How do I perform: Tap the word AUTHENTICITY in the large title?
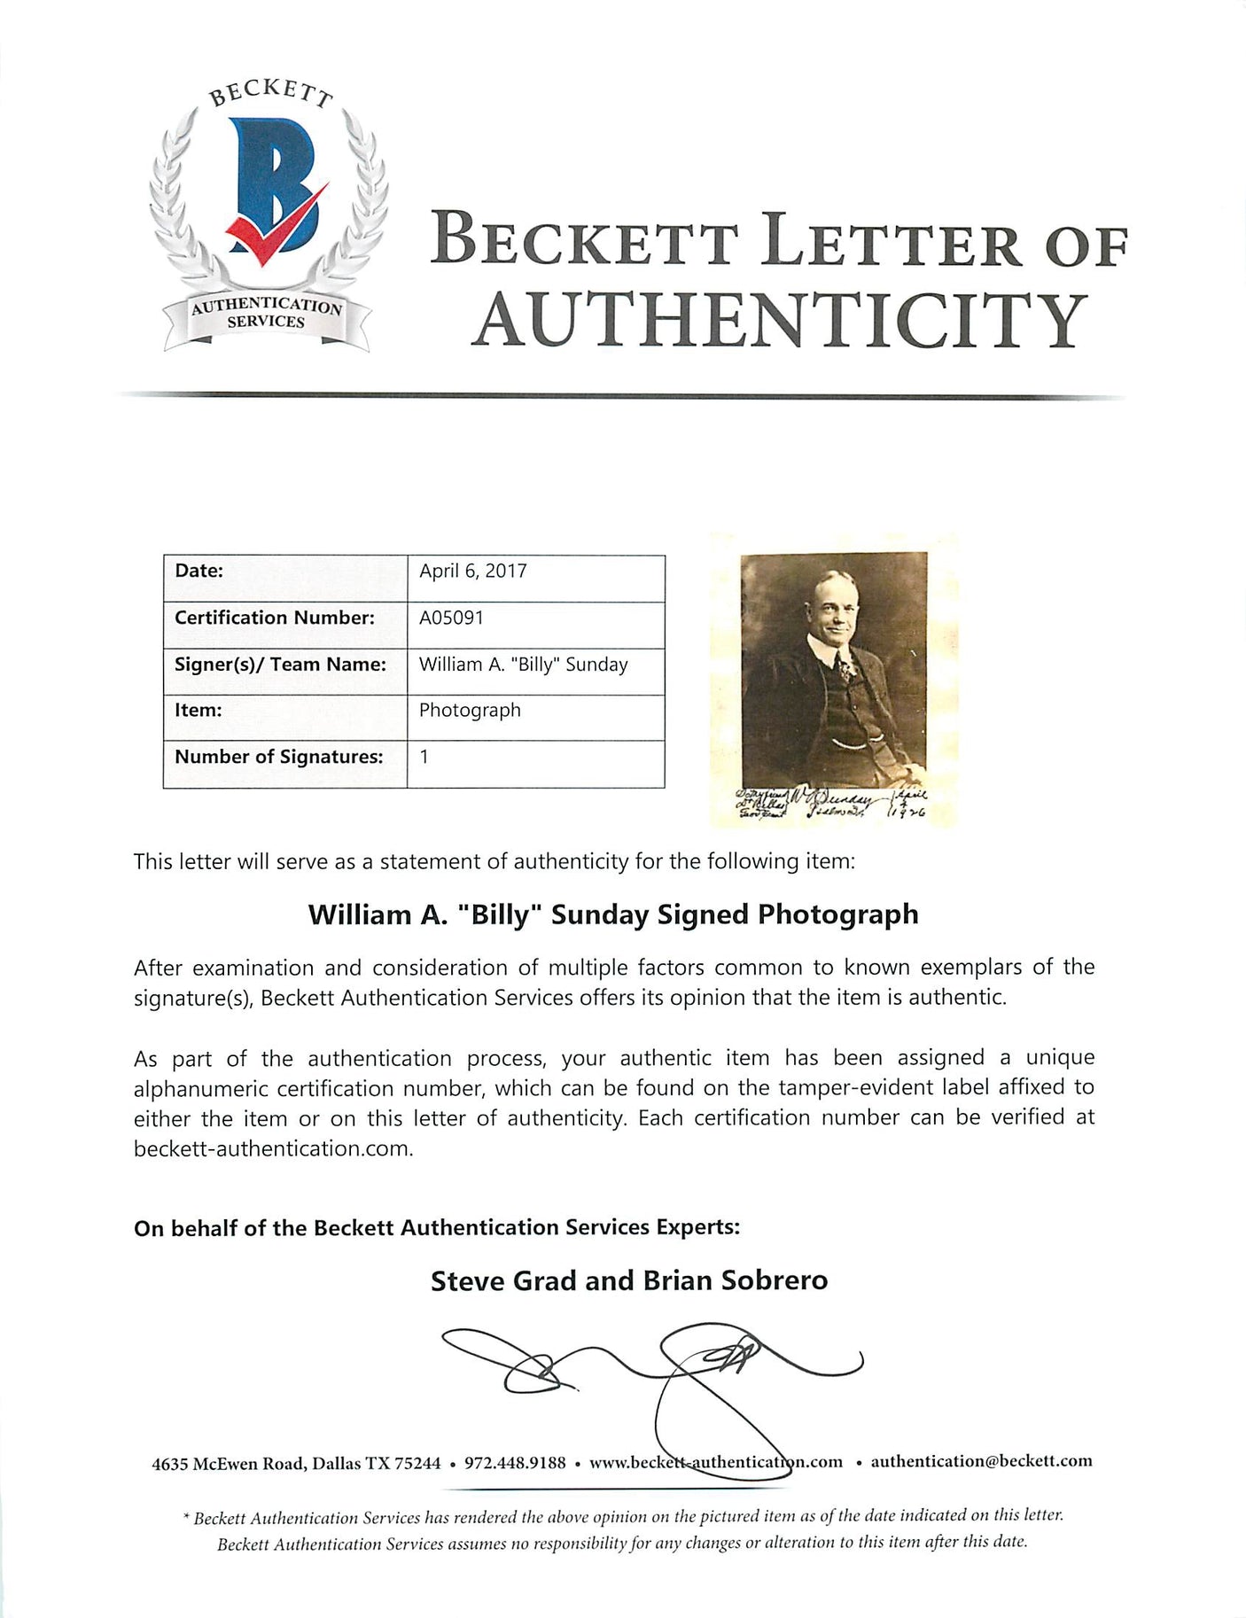click(780, 321)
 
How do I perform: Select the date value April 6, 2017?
click(473, 572)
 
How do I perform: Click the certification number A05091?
click(452, 618)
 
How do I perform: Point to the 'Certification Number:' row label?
click(275, 618)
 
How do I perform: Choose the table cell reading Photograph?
click(470, 711)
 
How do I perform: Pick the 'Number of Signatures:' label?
click(279, 757)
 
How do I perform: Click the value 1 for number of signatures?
click(424, 757)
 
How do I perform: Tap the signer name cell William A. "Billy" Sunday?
click(523, 665)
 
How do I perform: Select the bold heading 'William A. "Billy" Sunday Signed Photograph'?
click(613, 914)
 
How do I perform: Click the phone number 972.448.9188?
click(515, 1462)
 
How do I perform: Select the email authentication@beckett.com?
click(981, 1461)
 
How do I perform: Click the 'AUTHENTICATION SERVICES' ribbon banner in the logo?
click(267, 314)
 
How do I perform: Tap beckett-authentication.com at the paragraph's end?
click(273, 1149)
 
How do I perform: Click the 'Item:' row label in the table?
click(199, 711)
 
